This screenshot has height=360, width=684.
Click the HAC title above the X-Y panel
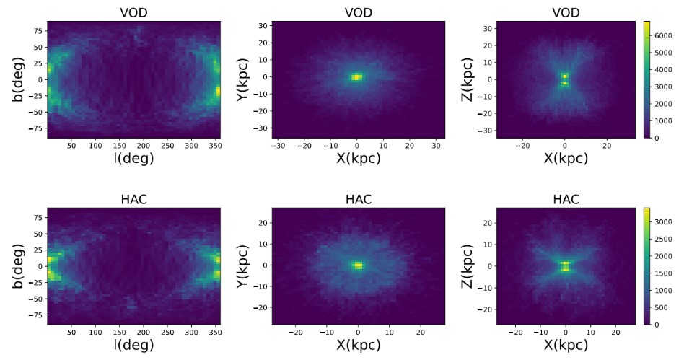click(358, 199)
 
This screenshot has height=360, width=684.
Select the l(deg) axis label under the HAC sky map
click(133, 346)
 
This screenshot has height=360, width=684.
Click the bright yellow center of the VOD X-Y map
click(356, 77)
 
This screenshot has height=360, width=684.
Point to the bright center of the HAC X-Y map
click(358, 265)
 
